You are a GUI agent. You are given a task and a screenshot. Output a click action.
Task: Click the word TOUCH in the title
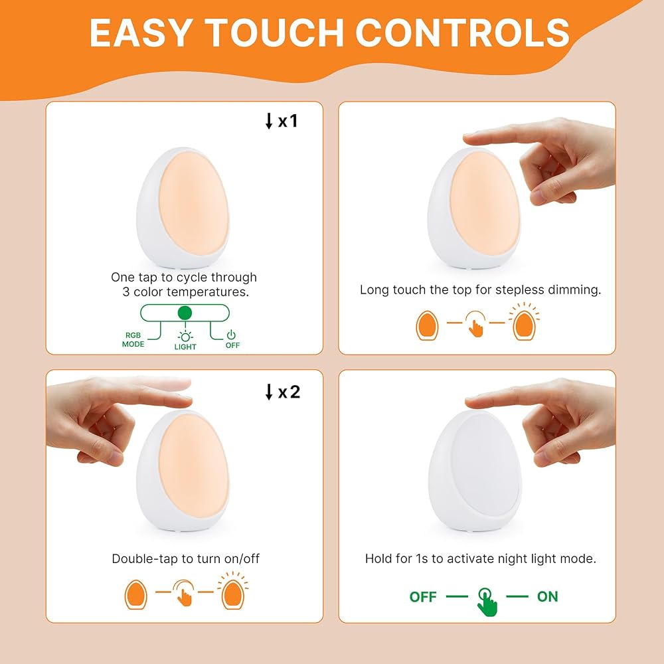274,33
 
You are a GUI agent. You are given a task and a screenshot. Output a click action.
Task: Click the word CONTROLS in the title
462,33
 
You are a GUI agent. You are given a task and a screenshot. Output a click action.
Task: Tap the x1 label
288,121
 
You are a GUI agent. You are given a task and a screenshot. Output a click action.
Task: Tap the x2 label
290,392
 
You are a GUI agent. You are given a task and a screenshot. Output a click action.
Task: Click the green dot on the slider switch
185,313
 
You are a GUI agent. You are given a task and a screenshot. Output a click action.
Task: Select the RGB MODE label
133,339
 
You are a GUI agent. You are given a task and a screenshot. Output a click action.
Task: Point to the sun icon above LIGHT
185,336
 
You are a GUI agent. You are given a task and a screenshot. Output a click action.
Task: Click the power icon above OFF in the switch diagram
231,335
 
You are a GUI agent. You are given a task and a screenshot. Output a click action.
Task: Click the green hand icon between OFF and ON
487,602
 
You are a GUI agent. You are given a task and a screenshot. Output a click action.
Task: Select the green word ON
548,597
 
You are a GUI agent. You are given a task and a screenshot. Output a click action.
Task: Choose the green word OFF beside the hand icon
422,597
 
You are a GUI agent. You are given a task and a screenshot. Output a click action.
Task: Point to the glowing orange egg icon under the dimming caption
525,325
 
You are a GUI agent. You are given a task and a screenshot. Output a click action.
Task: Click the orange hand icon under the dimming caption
475,325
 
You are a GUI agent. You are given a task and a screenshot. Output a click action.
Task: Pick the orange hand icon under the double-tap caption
184,593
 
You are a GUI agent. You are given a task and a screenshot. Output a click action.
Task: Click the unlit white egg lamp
474,471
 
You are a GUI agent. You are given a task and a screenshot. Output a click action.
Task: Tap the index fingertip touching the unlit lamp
471,401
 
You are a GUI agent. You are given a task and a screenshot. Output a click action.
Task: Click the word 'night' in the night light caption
513,559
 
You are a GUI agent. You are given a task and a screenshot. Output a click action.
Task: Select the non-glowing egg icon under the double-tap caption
136,594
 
